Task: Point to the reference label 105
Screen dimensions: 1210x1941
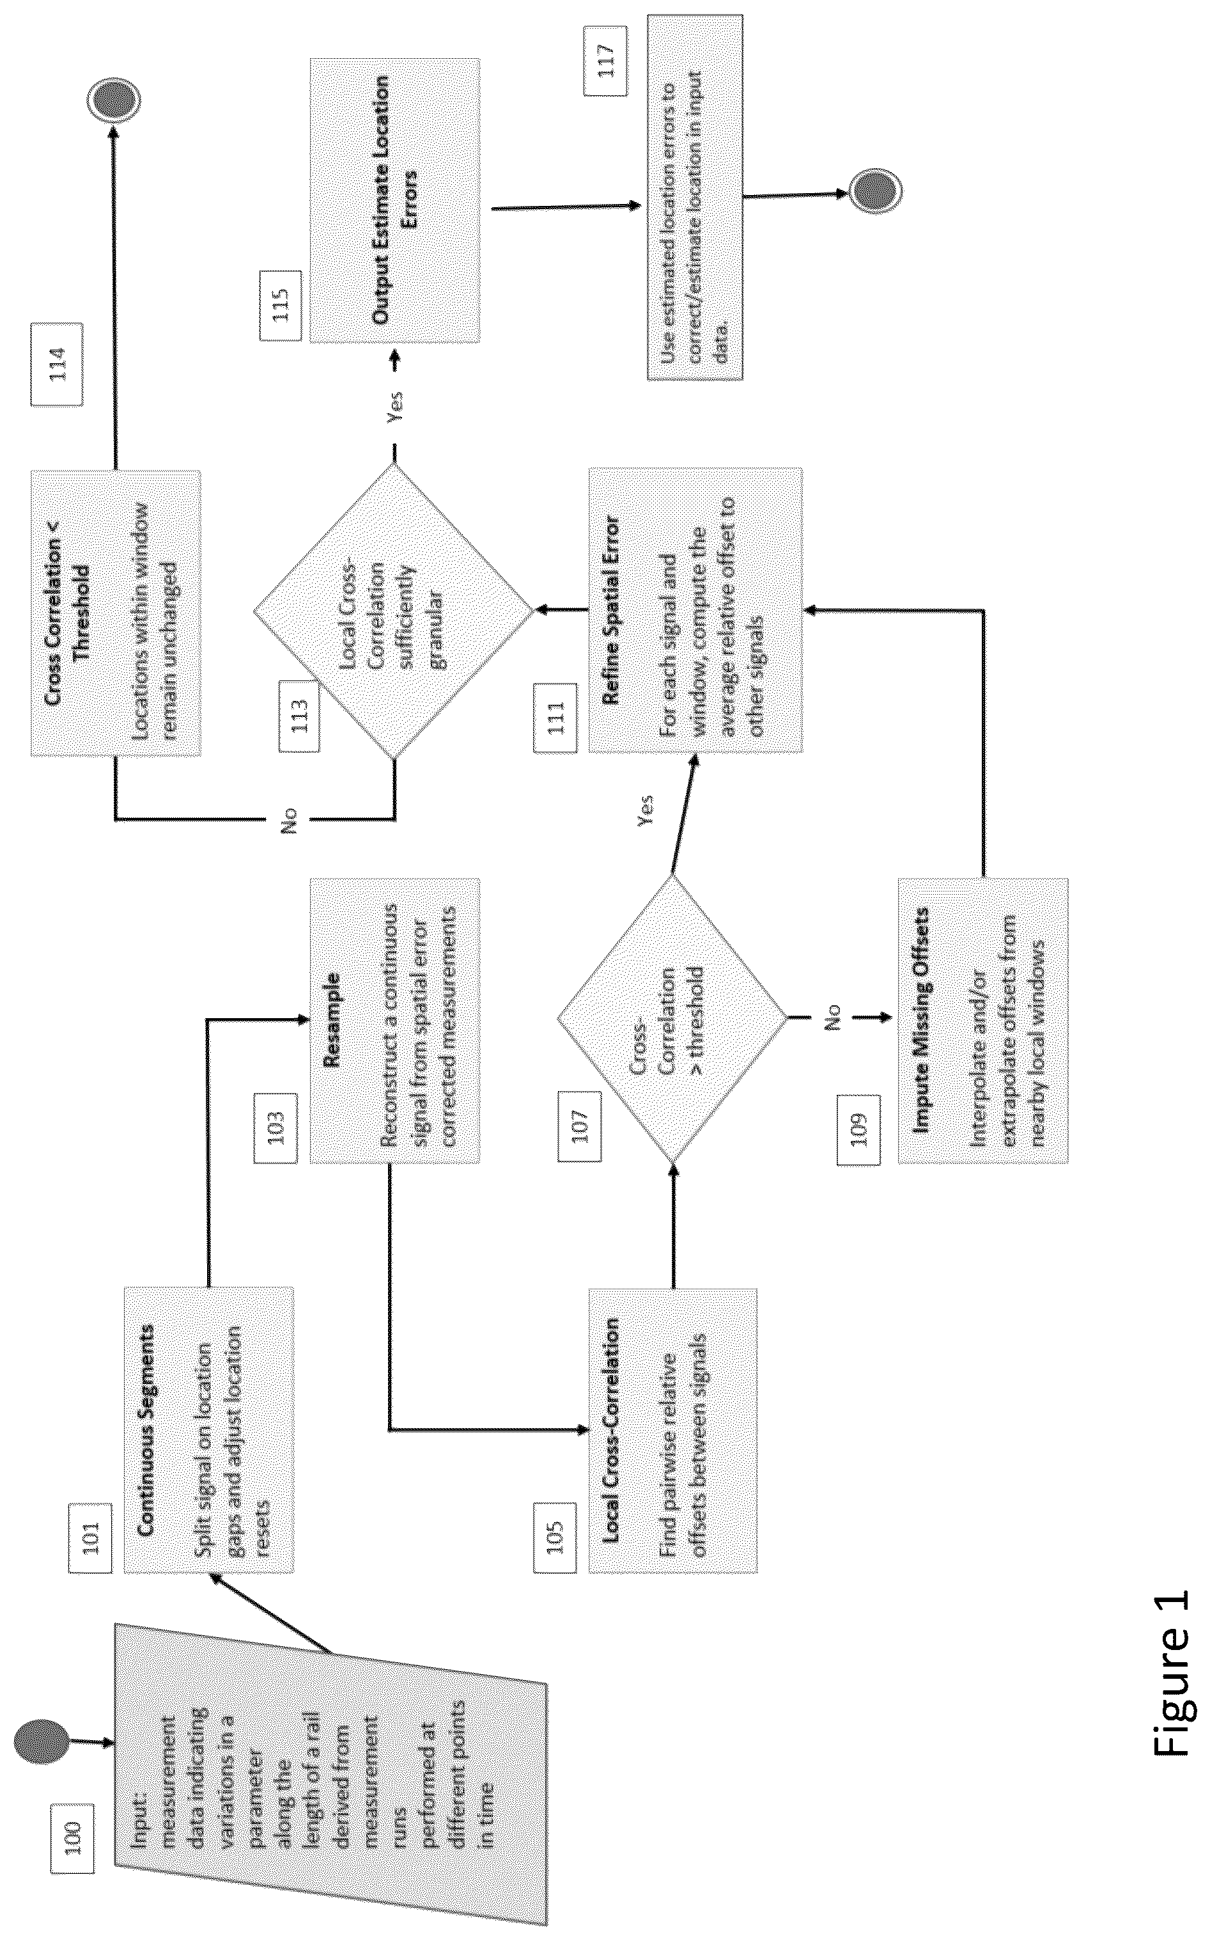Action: click(x=554, y=1536)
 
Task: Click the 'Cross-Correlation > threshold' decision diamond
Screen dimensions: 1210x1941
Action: click(x=673, y=1019)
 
